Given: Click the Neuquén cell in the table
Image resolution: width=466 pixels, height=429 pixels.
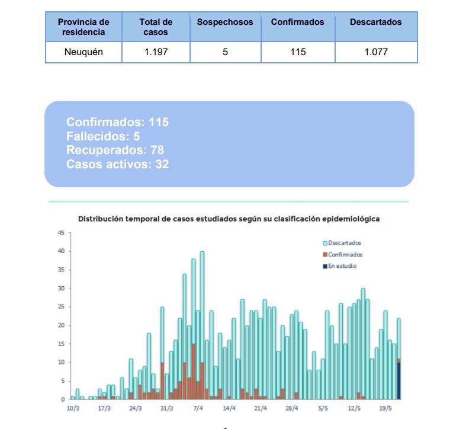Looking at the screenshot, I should [83, 52].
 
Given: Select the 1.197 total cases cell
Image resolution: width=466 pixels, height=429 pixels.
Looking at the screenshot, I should [156, 52].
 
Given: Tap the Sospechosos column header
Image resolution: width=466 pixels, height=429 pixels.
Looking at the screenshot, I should [225, 22].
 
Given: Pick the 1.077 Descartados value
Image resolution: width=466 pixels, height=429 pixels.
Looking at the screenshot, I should [375, 52].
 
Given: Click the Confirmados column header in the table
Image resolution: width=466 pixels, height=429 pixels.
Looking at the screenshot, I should [298, 22].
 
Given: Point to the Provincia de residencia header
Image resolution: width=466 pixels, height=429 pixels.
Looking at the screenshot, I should [83, 27].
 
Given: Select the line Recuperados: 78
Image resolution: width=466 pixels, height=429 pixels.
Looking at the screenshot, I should [115, 150].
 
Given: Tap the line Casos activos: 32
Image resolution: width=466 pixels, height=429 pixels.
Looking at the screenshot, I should [117, 164].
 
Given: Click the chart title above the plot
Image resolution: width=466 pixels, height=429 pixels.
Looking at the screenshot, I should [229, 219].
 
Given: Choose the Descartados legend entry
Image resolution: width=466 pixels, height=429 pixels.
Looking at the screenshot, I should [344, 243].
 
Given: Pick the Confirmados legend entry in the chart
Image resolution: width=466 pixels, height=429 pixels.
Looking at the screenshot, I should [345, 255].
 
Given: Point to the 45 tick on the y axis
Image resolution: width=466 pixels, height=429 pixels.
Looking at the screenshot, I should [61, 233].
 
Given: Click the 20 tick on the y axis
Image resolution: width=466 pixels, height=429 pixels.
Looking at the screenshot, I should [61, 325].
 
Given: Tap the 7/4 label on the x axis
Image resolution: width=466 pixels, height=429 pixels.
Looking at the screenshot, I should [198, 408].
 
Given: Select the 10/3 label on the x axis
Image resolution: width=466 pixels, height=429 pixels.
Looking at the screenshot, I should [72, 408].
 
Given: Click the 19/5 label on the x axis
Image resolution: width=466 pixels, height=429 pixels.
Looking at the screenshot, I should [386, 408].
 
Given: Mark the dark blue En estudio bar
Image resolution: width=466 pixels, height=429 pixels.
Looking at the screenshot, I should [399, 380].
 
